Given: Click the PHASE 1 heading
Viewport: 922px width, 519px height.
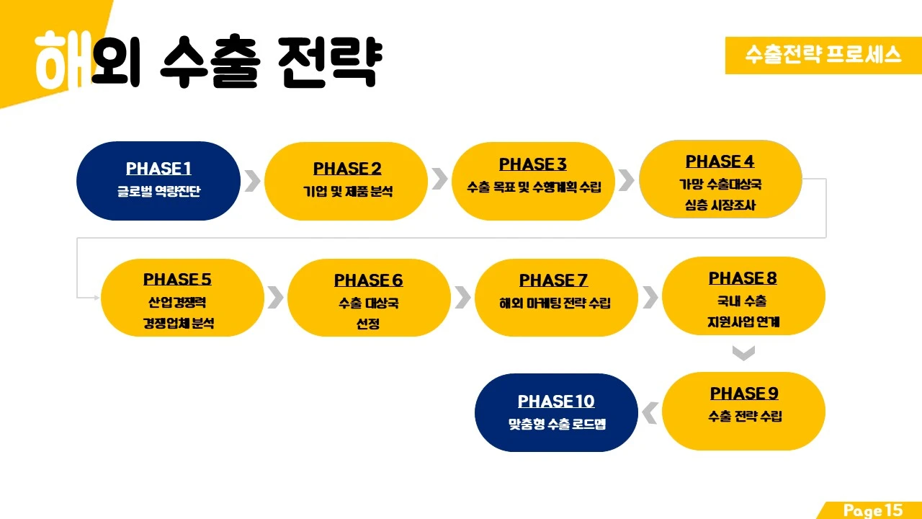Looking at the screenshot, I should click(158, 169).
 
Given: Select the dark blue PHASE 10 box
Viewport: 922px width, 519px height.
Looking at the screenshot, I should click(556, 412).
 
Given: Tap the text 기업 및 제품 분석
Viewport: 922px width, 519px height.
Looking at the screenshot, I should click(347, 192).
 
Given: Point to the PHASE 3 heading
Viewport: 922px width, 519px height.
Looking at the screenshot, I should click(533, 164).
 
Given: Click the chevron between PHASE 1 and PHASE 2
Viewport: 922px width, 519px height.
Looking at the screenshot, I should click(252, 181).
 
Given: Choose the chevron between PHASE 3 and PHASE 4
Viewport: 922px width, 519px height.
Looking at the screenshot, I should click(626, 180).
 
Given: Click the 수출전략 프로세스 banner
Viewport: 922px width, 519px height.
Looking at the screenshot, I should click(823, 55).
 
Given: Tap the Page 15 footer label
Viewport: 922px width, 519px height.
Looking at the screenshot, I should click(873, 510).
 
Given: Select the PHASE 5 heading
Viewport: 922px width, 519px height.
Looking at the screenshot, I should click(177, 279).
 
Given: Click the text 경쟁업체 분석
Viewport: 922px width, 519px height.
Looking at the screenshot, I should click(178, 324).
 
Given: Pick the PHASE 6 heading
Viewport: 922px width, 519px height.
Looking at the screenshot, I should click(368, 280).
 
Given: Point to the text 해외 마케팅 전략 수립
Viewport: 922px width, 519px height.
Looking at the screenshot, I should click(555, 303).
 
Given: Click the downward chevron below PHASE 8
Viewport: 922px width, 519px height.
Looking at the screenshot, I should click(743, 353).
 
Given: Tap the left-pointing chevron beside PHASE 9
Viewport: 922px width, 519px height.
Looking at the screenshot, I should click(650, 413).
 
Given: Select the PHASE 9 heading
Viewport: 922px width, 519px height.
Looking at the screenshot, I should click(744, 394).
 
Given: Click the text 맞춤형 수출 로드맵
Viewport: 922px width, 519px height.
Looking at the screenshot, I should click(556, 424).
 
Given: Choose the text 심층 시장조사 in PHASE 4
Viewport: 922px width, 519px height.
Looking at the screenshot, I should click(720, 205).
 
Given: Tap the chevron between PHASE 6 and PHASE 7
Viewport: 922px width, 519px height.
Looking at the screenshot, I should click(462, 297).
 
